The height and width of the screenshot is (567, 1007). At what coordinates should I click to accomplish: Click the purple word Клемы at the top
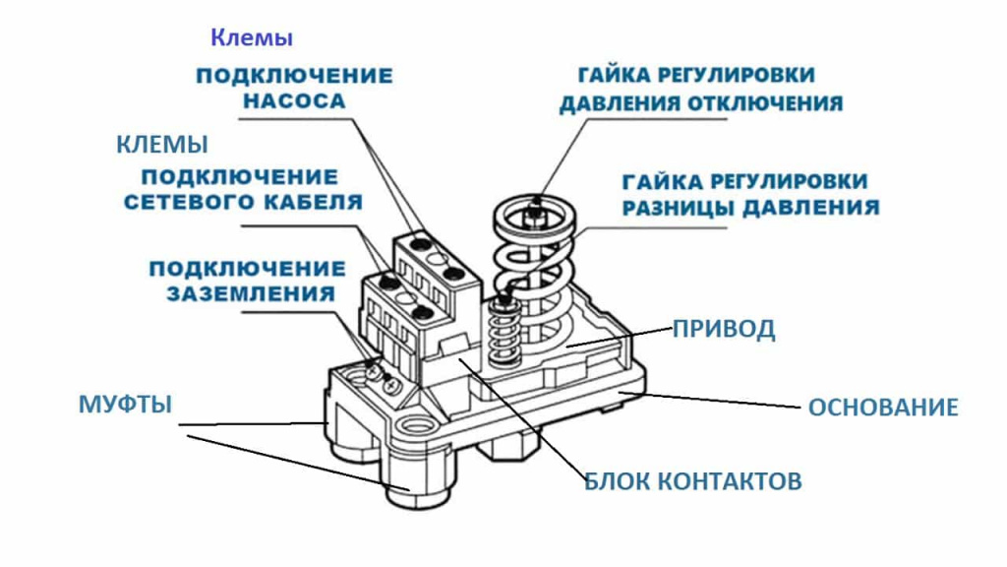[x=252, y=39]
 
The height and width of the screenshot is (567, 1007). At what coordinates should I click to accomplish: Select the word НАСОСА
[x=294, y=101]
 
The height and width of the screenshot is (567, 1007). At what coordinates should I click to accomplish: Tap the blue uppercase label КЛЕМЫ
[x=162, y=145]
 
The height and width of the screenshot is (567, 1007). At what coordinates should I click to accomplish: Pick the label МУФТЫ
[x=125, y=405]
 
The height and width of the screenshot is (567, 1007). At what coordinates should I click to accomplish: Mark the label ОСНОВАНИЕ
[x=882, y=407]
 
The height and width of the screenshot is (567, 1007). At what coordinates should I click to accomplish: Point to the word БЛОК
[x=617, y=481]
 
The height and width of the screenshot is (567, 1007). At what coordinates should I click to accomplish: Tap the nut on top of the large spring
[x=535, y=210]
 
